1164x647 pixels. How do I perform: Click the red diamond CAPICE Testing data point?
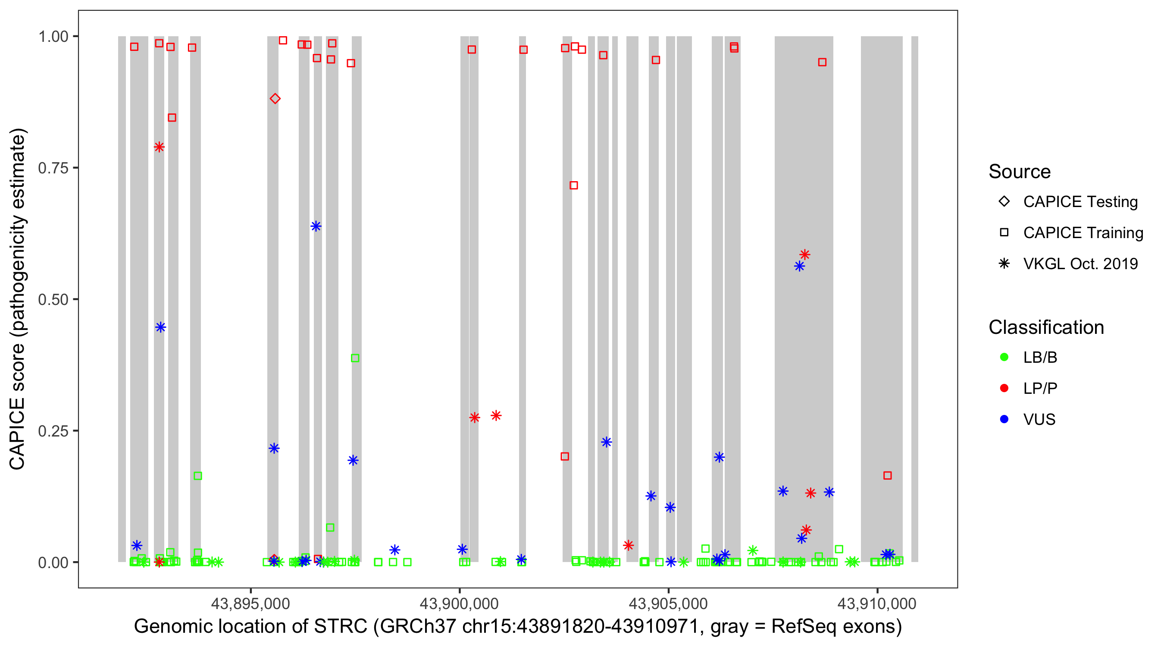(275, 99)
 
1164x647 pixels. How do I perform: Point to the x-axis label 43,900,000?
(459, 603)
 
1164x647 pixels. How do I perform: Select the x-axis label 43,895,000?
(250, 603)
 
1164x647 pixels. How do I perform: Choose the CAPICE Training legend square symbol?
(1004, 232)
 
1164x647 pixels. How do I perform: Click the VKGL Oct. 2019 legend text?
(1080, 264)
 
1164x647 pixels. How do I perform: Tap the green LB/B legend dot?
(1004, 357)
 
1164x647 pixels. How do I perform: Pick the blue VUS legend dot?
(1004, 419)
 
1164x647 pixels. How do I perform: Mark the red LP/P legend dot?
(1004, 388)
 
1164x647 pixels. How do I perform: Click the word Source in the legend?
(1020, 172)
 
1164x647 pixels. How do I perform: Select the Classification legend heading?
(1046, 327)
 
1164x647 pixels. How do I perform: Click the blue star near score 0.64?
(316, 226)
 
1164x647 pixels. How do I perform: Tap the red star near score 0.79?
(159, 147)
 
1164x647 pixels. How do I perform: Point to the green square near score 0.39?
(355, 358)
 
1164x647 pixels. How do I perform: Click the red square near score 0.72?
(573, 185)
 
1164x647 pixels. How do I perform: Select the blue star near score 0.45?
(160, 327)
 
